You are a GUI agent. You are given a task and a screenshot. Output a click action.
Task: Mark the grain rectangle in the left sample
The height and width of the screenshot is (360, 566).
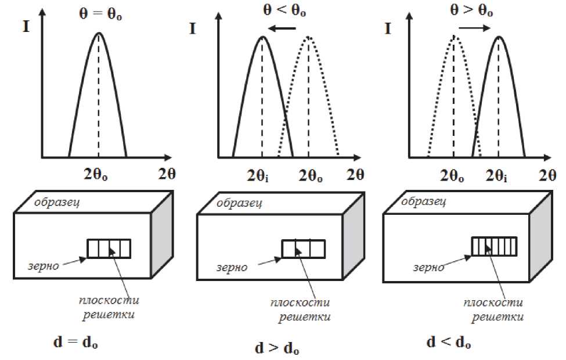pyautogui.click(x=109, y=249)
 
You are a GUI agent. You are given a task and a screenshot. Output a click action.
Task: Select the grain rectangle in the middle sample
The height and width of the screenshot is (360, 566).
pyautogui.click(x=302, y=249)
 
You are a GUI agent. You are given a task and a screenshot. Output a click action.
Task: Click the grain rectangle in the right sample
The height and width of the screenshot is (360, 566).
pyautogui.click(x=493, y=247)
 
